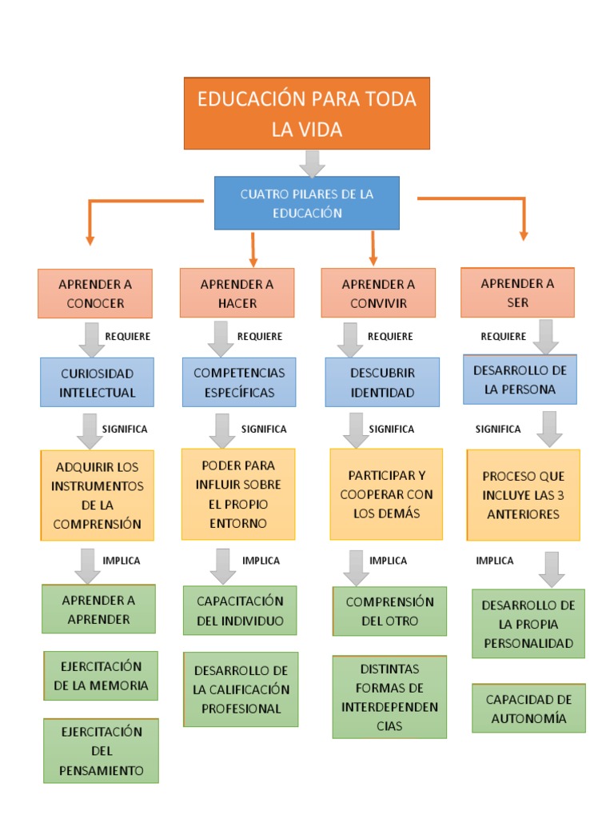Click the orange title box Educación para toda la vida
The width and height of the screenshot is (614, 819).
coord(307,114)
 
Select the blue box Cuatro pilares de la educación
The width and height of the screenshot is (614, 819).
coord(307,203)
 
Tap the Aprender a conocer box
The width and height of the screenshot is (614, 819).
coord(95,294)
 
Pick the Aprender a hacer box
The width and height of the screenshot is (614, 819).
coord(237,294)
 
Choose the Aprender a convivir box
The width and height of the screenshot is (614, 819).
coord(378,294)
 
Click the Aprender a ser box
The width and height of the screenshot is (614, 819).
coord(517,293)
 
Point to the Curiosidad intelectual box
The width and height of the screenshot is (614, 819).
coord(98,382)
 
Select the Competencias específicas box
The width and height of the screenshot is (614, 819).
coord(239,382)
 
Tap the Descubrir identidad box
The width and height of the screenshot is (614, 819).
coord(382,382)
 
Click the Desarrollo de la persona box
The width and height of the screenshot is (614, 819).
coord(520,380)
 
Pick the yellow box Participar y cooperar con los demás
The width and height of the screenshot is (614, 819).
coord(386,494)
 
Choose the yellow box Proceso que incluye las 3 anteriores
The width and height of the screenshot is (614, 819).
coord(523,494)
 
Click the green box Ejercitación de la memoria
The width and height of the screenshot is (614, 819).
coord(101,676)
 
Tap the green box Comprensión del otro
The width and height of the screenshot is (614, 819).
coord(389,611)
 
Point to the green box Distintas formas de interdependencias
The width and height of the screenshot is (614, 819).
coord(389,697)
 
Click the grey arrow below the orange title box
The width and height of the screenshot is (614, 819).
coord(312,163)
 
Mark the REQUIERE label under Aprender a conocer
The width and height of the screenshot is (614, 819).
coord(127,337)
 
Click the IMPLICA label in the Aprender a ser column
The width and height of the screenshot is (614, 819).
coord(495,561)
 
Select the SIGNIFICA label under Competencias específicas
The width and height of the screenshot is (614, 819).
coord(264,429)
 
